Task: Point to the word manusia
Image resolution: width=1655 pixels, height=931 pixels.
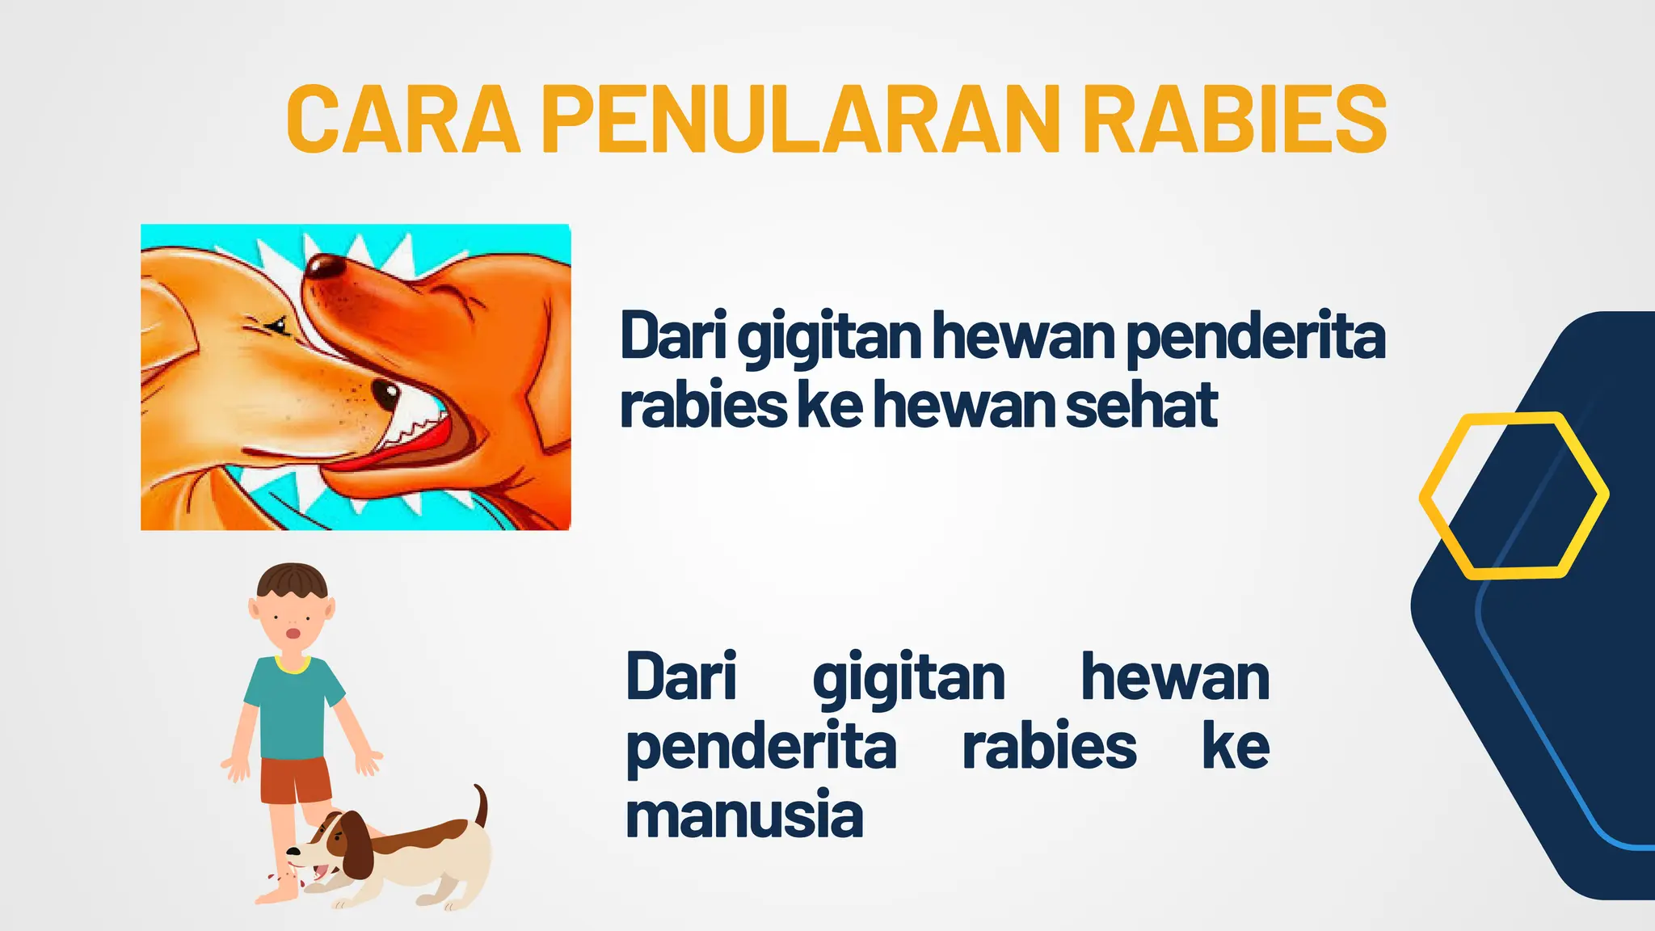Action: coord(744,815)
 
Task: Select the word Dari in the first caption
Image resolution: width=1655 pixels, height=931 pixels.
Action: coord(673,335)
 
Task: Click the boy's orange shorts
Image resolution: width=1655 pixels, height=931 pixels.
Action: coord(296,781)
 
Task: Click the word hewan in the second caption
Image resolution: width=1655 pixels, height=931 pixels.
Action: coord(1175,677)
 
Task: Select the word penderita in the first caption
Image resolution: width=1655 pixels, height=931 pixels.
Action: coord(1255,335)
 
